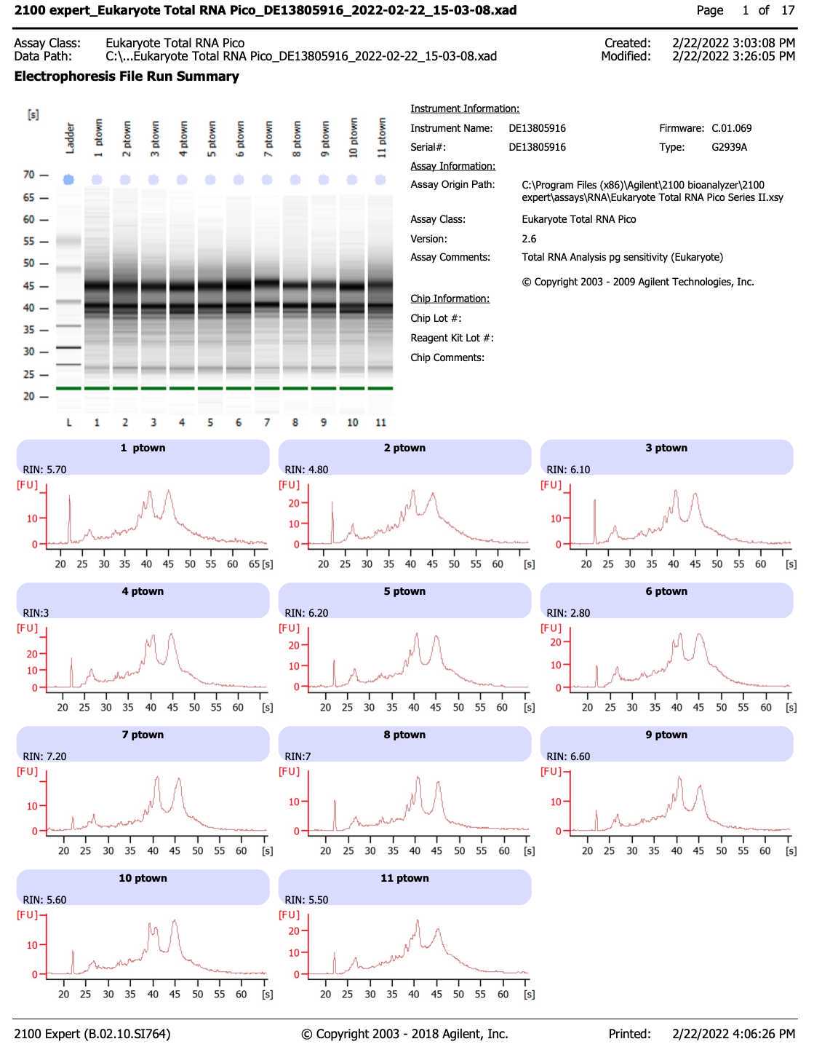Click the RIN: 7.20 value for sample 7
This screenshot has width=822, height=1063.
(x=44, y=756)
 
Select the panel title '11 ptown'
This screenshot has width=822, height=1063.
(x=404, y=878)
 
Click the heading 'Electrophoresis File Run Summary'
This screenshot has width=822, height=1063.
(x=127, y=76)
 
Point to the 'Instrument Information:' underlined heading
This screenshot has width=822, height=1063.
(x=465, y=108)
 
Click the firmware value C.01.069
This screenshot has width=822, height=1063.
(x=731, y=128)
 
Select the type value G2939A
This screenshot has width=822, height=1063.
(x=729, y=147)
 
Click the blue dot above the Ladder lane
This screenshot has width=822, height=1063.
(x=68, y=179)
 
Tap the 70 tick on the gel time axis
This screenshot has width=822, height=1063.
(x=28, y=175)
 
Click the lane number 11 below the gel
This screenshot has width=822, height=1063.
(x=380, y=422)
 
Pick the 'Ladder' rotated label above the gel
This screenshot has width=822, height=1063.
(x=71, y=138)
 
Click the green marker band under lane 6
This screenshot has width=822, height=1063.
(x=239, y=388)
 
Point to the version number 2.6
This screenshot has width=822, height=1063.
(x=529, y=239)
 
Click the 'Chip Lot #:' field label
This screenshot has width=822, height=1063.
(x=436, y=318)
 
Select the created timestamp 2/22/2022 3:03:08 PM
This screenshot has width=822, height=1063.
(x=733, y=43)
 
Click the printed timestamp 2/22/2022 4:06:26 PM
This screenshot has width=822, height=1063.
(x=733, y=1034)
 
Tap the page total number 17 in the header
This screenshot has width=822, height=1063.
(x=788, y=10)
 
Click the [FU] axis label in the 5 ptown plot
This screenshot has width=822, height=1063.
(x=289, y=628)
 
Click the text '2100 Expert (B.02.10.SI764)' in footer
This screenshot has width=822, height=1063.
(x=92, y=1034)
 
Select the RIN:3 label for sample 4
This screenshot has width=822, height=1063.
(x=36, y=613)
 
